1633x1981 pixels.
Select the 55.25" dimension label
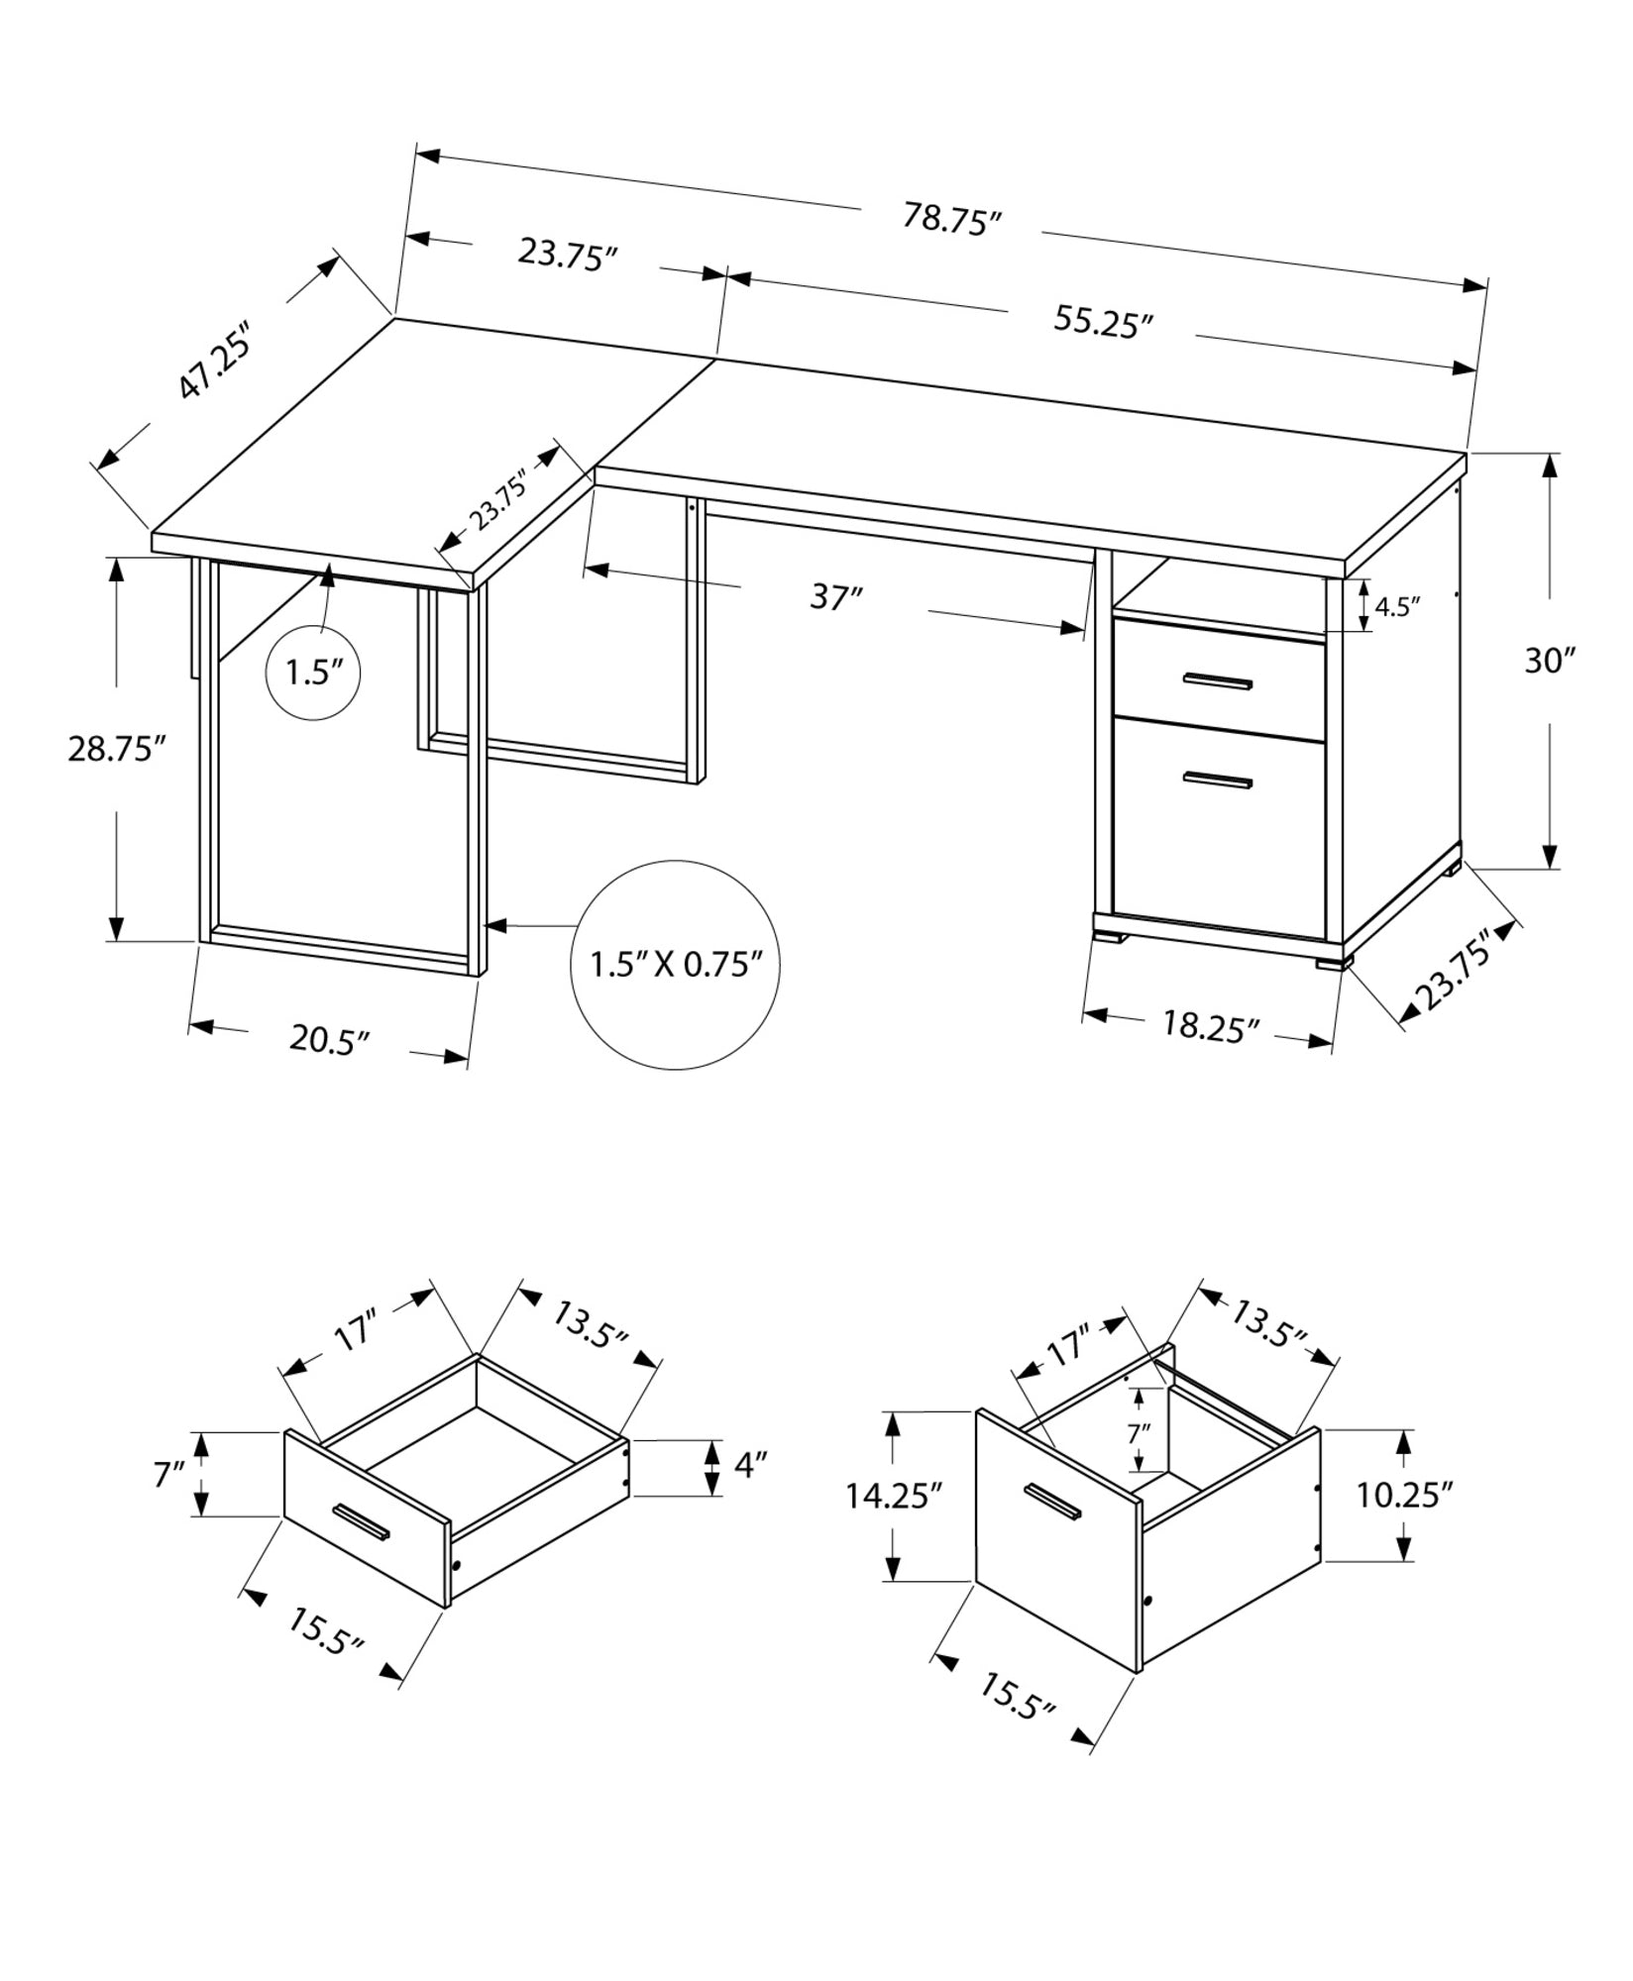1103,323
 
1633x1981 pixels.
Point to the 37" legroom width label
836,598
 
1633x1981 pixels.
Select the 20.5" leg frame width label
330,1040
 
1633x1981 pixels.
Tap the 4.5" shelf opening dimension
1397,606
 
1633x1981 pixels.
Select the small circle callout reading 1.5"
313,674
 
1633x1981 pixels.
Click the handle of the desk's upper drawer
1218,680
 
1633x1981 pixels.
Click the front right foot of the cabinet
1333,959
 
